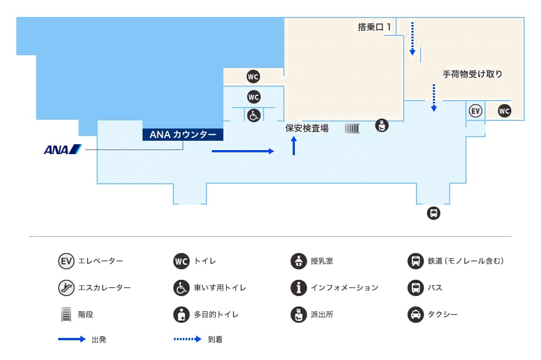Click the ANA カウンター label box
(183, 134)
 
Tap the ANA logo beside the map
(63, 149)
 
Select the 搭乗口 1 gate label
(375, 27)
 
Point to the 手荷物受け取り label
(472, 74)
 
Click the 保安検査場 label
(307, 129)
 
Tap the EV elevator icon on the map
(475, 111)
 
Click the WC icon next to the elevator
(504, 111)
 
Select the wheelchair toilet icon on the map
(254, 116)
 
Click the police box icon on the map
(382, 126)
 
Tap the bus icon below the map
(434, 213)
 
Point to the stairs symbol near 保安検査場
(353, 129)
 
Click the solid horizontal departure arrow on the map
(243, 151)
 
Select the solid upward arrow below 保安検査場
(294, 146)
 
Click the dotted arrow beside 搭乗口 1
(412, 38)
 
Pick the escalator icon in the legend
(66, 287)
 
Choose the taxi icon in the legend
(416, 315)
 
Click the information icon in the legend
(299, 287)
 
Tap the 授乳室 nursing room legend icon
(299, 261)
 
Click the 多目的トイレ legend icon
(181, 315)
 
